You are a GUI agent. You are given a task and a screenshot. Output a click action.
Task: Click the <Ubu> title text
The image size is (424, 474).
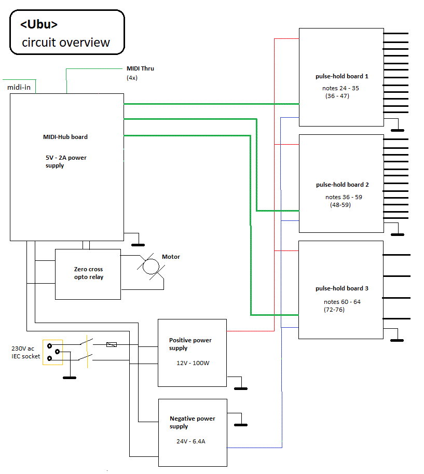point(39,24)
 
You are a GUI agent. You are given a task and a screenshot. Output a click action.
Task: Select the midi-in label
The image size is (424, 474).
point(19,87)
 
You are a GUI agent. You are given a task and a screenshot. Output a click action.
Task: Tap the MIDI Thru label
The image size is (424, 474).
point(140,68)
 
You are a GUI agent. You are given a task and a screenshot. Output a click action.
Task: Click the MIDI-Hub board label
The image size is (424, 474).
point(65,137)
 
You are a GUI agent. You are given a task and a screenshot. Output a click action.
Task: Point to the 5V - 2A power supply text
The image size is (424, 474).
point(65,161)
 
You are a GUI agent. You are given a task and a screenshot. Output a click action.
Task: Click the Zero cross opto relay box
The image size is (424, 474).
point(88,274)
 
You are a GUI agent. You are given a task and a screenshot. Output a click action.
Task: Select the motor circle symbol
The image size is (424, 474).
point(151,266)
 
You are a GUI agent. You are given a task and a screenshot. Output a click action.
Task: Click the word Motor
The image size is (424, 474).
point(171,257)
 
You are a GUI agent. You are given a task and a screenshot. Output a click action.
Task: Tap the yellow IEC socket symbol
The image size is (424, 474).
point(52,352)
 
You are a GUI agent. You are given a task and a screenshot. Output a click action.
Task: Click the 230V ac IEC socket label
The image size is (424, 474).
point(25,352)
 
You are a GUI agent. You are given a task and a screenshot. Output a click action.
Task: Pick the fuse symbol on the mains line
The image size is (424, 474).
point(111,344)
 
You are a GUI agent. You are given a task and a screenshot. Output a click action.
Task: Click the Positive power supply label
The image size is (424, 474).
point(190,344)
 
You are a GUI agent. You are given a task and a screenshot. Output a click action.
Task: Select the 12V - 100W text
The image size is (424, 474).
point(193,363)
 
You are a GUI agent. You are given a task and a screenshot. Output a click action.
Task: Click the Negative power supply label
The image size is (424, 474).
point(192,422)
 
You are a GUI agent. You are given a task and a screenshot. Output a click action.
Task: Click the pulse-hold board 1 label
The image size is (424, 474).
point(341,76)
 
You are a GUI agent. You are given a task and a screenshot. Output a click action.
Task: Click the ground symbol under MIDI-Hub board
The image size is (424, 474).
point(138,244)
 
